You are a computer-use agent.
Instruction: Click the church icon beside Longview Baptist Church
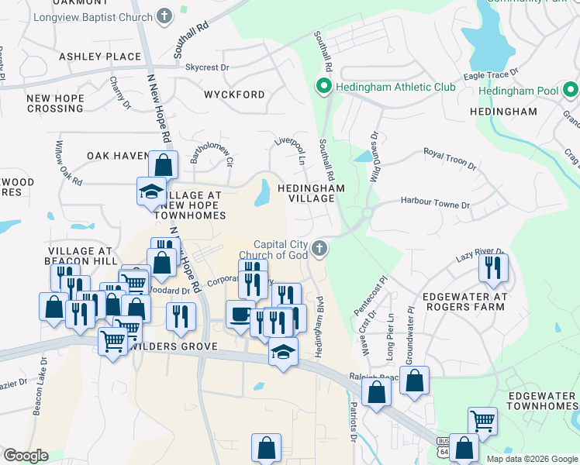pyautogui.click(x=164, y=15)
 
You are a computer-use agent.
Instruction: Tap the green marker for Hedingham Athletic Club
pyautogui.click(x=323, y=87)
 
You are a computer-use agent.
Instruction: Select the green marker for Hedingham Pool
pyautogui.click(x=569, y=91)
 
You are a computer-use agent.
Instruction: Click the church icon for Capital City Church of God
pyautogui.click(x=319, y=249)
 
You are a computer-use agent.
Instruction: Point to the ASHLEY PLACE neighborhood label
pyautogui.click(x=100, y=57)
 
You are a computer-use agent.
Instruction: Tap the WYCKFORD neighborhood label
pyautogui.click(x=234, y=95)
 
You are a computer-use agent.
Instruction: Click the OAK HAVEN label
pyautogui.click(x=118, y=156)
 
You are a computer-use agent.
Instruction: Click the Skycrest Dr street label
pyautogui.click(x=207, y=67)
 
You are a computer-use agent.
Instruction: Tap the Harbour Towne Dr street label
pyautogui.click(x=435, y=204)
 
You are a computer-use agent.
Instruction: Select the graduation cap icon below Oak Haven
pyautogui.click(x=150, y=191)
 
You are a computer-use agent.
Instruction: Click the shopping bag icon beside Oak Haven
pyautogui.click(x=164, y=164)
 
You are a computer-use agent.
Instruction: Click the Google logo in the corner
pyautogui.click(x=26, y=456)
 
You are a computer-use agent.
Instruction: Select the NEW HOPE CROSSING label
pyautogui.click(x=54, y=103)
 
